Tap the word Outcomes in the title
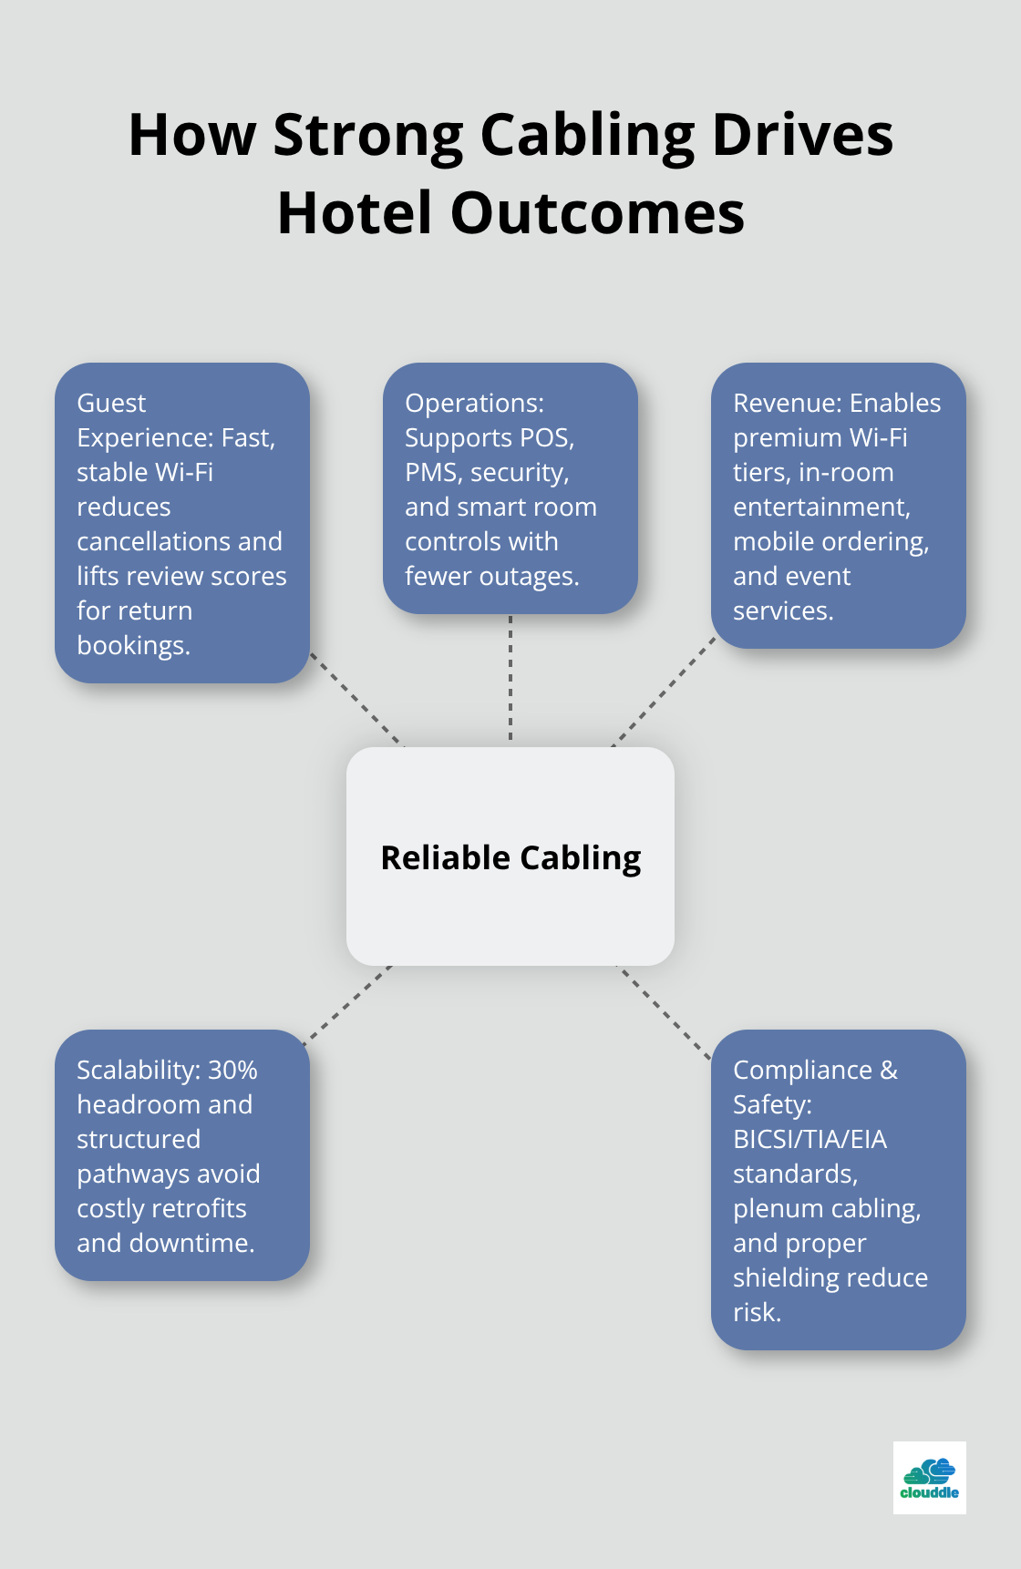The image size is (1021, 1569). coord(597,214)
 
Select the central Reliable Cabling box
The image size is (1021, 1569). coord(510,856)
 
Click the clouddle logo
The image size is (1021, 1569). coord(929,1477)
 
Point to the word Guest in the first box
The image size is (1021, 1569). coord(111,403)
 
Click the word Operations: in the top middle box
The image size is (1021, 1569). coord(474,403)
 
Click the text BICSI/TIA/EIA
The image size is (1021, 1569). coord(810,1139)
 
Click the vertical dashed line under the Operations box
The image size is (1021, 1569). coord(510,679)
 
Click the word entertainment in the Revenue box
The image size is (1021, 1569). coord(820,507)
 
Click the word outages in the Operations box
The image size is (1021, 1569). coord(529,576)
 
